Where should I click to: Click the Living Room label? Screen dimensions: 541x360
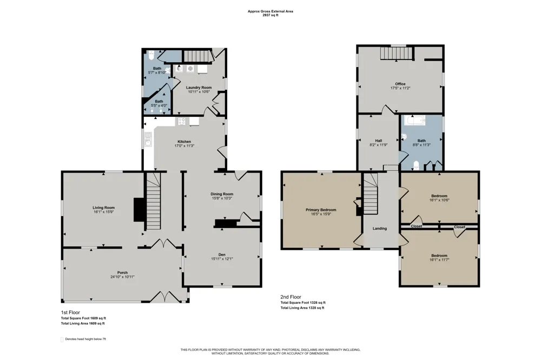(103, 208)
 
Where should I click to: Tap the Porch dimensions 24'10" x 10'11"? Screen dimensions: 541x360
(122, 277)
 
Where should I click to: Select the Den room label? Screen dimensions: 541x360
(222, 255)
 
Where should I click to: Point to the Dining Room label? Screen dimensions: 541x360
(222, 194)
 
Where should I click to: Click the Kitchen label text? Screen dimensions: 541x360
(184, 142)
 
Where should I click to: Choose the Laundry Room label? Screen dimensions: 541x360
(199, 88)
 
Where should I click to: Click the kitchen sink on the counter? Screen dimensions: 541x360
(148, 139)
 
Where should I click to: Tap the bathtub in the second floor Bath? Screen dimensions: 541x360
(415, 120)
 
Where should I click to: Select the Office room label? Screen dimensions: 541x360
(400, 84)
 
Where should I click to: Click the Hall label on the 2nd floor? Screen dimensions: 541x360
(379, 141)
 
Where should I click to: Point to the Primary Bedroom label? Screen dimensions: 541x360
(321, 210)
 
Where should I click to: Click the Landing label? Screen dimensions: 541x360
(380, 228)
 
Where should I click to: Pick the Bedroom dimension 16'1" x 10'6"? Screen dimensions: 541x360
(439, 200)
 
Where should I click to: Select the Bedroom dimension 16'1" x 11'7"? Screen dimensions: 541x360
(439, 259)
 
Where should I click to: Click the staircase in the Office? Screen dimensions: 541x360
(397, 53)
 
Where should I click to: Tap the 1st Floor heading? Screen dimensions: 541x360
(70, 312)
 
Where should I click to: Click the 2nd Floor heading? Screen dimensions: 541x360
(291, 297)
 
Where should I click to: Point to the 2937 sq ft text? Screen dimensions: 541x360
(270, 15)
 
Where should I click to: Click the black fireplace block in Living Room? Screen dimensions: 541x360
(138, 209)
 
